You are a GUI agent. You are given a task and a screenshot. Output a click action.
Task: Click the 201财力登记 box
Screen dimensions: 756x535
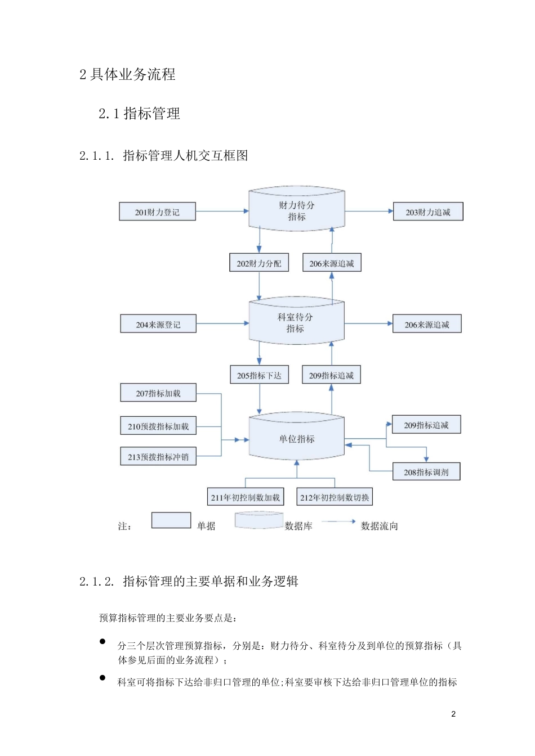(x=157, y=212)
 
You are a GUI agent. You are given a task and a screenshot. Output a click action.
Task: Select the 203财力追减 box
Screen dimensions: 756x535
(x=428, y=212)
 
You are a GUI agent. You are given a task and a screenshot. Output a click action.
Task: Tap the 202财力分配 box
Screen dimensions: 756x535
(x=259, y=263)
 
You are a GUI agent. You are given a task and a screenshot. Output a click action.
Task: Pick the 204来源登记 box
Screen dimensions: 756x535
(x=158, y=325)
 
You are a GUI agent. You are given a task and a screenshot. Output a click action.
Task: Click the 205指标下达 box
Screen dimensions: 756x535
(x=259, y=375)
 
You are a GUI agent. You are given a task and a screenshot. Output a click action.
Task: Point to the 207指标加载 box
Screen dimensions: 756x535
(x=158, y=393)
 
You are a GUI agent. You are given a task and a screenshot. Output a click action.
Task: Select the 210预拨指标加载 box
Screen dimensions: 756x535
(x=158, y=426)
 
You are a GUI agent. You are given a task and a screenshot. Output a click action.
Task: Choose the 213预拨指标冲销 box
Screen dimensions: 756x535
(x=158, y=457)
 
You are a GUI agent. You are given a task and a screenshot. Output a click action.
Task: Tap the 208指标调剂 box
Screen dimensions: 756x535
(x=426, y=472)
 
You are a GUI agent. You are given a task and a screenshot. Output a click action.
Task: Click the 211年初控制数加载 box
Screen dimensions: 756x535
(x=245, y=497)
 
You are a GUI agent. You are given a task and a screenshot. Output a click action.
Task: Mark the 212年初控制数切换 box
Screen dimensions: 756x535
(x=335, y=497)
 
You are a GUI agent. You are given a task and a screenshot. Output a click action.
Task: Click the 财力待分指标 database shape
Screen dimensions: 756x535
(x=297, y=210)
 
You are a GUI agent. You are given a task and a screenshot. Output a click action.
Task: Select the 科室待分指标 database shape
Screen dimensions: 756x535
(x=296, y=322)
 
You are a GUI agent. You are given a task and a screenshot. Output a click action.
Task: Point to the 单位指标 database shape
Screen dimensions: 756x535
(x=297, y=438)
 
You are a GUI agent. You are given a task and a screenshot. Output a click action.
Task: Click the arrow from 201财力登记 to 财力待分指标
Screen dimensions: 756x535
(x=222, y=211)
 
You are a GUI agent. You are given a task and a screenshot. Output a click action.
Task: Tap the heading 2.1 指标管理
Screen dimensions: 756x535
(x=139, y=114)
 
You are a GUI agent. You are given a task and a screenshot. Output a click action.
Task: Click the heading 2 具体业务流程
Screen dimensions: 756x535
(x=127, y=74)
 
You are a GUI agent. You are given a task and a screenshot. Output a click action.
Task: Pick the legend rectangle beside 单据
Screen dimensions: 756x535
(x=171, y=520)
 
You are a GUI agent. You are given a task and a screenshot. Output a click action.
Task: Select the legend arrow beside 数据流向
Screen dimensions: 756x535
(x=338, y=521)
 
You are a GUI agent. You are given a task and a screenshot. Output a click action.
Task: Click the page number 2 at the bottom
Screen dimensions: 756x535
(x=453, y=714)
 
